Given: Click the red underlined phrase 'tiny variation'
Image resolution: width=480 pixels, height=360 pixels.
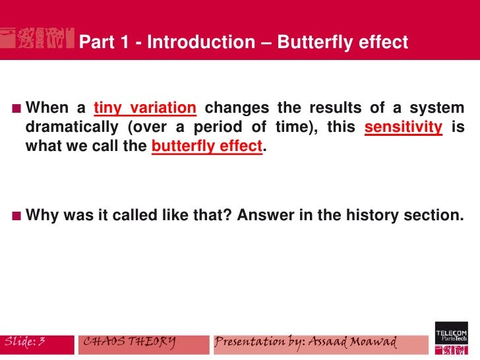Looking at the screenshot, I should [x=145, y=107].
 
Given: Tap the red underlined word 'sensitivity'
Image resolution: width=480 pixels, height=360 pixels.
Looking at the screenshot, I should [x=403, y=127].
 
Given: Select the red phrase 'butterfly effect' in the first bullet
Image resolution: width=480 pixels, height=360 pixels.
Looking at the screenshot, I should [x=207, y=146].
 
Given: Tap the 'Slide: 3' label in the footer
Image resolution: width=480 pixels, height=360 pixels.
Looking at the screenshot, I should [x=25, y=341].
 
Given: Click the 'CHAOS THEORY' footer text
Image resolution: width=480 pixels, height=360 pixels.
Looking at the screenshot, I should [x=129, y=341].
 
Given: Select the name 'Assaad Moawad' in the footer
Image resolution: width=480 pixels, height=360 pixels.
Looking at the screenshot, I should [x=357, y=342].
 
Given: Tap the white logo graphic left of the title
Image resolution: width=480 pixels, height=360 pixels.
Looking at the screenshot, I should [x=36, y=39].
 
